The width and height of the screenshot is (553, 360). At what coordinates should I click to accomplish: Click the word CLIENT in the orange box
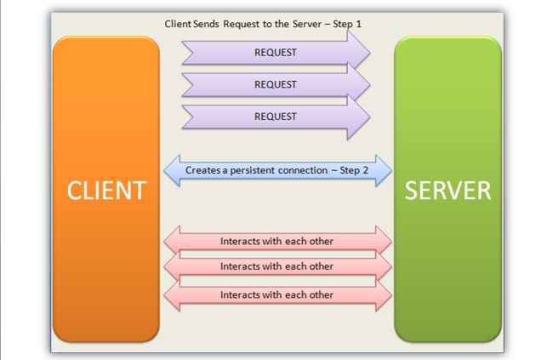[106, 189]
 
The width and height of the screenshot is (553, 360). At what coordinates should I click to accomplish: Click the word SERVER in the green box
[448, 189]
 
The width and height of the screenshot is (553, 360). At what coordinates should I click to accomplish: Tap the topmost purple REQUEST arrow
[276, 53]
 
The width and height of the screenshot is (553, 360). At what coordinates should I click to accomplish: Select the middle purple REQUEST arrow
[276, 84]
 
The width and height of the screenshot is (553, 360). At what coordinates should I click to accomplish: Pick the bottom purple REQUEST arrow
[276, 117]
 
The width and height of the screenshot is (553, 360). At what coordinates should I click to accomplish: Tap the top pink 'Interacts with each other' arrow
[276, 241]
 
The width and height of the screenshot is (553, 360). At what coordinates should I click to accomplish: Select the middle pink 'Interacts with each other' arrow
[276, 266]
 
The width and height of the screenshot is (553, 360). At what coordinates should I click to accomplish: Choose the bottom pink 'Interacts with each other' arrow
[276, 294]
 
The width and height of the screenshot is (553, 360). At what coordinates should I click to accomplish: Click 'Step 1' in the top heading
[345, 24]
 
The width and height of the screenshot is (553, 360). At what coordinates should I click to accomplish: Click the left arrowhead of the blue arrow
[172, 170]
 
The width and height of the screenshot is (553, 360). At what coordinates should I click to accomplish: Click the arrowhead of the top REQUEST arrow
[360, 53]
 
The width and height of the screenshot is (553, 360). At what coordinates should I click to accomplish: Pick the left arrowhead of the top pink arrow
[172, 241]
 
